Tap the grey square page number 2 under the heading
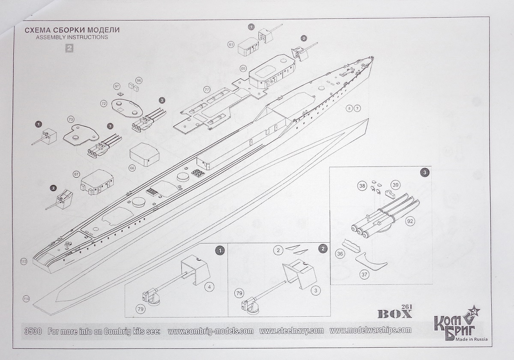(69, 48)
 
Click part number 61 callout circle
(231, 45)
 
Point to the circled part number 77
(206, 90)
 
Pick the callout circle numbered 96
(138, 80)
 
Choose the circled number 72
(104, 104)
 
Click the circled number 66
(132, 168)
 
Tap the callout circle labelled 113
(23, 261)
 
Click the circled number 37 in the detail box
(364, 274)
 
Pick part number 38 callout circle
(362, 186)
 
